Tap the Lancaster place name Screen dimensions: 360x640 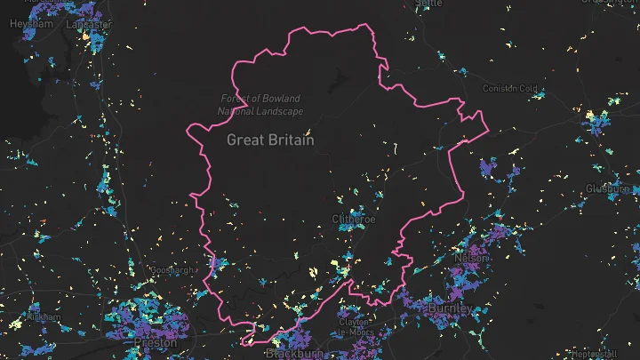(88, 24)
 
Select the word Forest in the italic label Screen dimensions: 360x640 (235, 99)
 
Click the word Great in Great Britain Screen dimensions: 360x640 (244, 140)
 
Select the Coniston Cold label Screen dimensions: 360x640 (510, 88)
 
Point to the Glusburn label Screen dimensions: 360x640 (608, 188)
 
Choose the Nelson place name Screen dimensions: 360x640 (471, 257)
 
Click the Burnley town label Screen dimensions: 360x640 (450, 308)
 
